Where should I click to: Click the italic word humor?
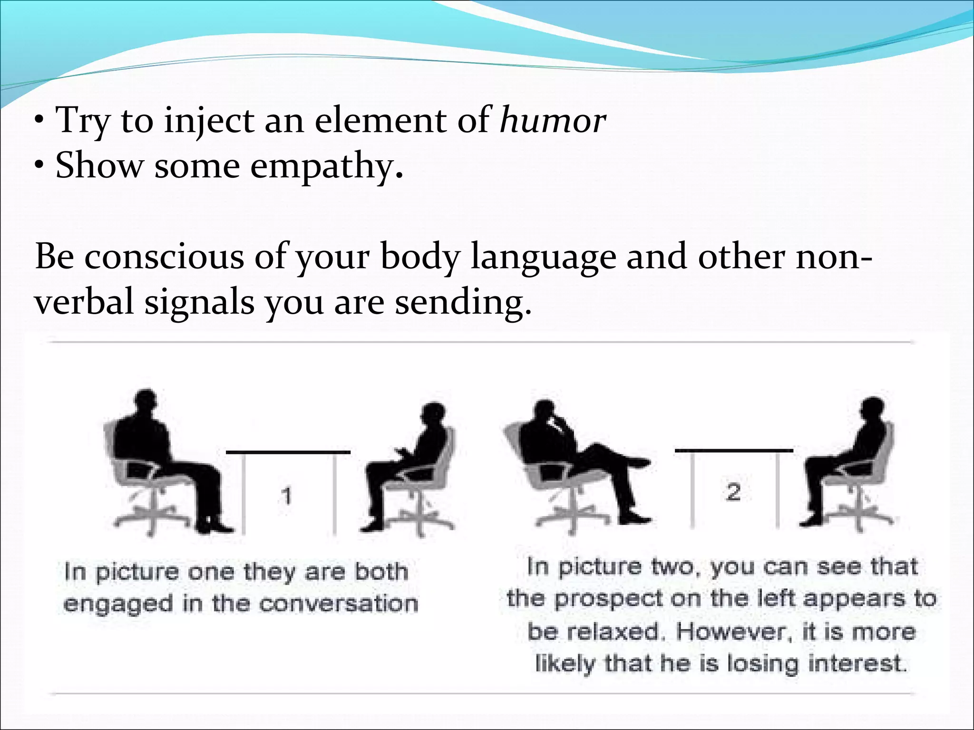[553, 121]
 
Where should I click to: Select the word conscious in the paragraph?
[164, 257]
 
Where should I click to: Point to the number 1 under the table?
[286, 496]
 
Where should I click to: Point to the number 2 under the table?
[734, 492]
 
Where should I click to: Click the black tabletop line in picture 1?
[288, 452]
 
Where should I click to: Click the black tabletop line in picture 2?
[734, 450]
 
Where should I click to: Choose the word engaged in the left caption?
[118, 605]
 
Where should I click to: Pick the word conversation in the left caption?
[339, 604]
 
